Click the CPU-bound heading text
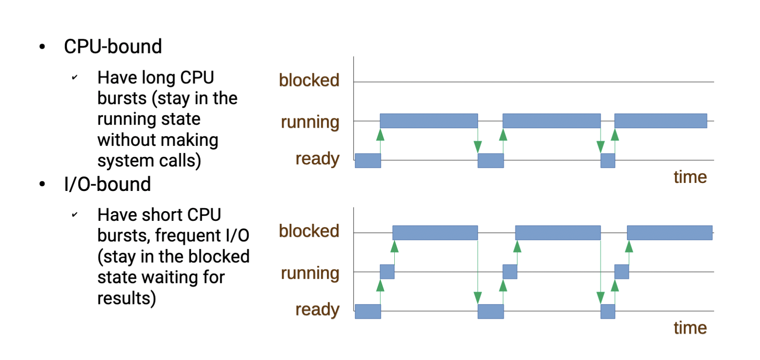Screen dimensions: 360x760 [x=113, y=47]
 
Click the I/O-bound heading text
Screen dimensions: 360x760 [x=107, y=185]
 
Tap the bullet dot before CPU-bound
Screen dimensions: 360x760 [x=42, y=47]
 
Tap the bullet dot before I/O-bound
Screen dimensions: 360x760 [x=42, y=184]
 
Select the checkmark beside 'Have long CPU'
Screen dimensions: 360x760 [x=74, y=77]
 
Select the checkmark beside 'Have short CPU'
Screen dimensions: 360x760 [x=74, y=215]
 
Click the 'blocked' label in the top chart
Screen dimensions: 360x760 [x=309, y=80]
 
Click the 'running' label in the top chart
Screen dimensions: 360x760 [x=310, y=122]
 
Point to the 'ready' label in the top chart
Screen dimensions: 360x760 [x=317, y=159]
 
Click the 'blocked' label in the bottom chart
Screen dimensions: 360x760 [x=309, y=231]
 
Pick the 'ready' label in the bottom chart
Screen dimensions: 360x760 [x=317, y=310]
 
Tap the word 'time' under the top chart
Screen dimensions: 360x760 [x=690, y=177]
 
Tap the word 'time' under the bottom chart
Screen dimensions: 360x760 [x=690, y=328]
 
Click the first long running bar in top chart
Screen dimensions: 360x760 [x=428, y=121]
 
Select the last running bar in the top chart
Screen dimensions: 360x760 [x=660, y=121]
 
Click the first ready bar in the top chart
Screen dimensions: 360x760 [x=368, y=161]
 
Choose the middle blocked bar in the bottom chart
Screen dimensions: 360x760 [x=557, y=233]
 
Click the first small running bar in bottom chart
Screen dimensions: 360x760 [x=387, y=272]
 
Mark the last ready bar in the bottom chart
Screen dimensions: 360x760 [x=607, y=312]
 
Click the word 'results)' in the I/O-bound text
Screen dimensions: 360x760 [x=127, y=298]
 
